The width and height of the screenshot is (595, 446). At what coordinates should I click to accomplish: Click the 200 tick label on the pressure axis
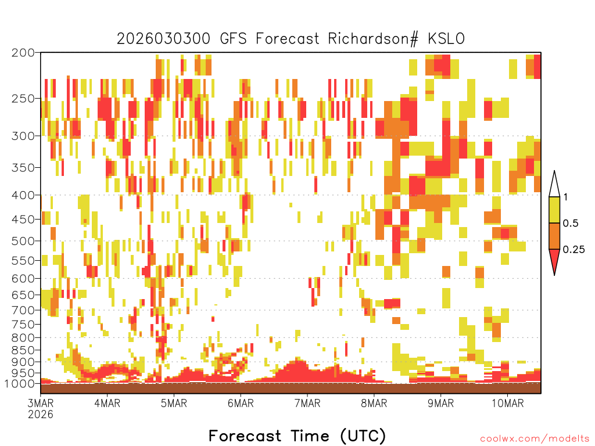tap(23, 53)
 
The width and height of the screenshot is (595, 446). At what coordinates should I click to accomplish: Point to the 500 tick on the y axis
tap(23, 241)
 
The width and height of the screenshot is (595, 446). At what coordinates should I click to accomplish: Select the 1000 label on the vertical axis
tap(19, 384)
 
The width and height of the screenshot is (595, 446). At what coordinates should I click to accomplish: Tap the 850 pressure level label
tap(23, 350)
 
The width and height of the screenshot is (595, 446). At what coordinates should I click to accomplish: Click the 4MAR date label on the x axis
tap(107, 403)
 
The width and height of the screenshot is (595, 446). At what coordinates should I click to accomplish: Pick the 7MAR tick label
tap(307, 403)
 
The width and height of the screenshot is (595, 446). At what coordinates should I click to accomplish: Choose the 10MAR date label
tap(508, 403)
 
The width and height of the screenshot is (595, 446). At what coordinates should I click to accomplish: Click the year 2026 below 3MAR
tap(41, 415)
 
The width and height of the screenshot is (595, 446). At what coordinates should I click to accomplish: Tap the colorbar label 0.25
tap(574, 250)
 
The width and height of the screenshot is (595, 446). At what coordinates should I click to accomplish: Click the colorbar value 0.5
tap(571, 224)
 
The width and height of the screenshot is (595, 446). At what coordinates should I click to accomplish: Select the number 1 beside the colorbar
tap(565, 197)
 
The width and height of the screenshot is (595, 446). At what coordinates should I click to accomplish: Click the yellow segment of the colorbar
tap(554, 210)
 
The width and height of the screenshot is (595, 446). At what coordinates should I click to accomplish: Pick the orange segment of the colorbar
tap(554, 236)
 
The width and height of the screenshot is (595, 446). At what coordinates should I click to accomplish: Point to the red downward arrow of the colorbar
tap(554, 261)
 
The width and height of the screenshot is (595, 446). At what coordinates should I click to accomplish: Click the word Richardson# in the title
tap(373, 39)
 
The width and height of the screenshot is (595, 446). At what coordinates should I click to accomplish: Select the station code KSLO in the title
tap(446, 39)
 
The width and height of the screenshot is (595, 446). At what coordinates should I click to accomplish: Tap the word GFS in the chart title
tap(234, 39)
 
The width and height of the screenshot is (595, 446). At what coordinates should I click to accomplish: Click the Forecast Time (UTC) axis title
tap(297, 436)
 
